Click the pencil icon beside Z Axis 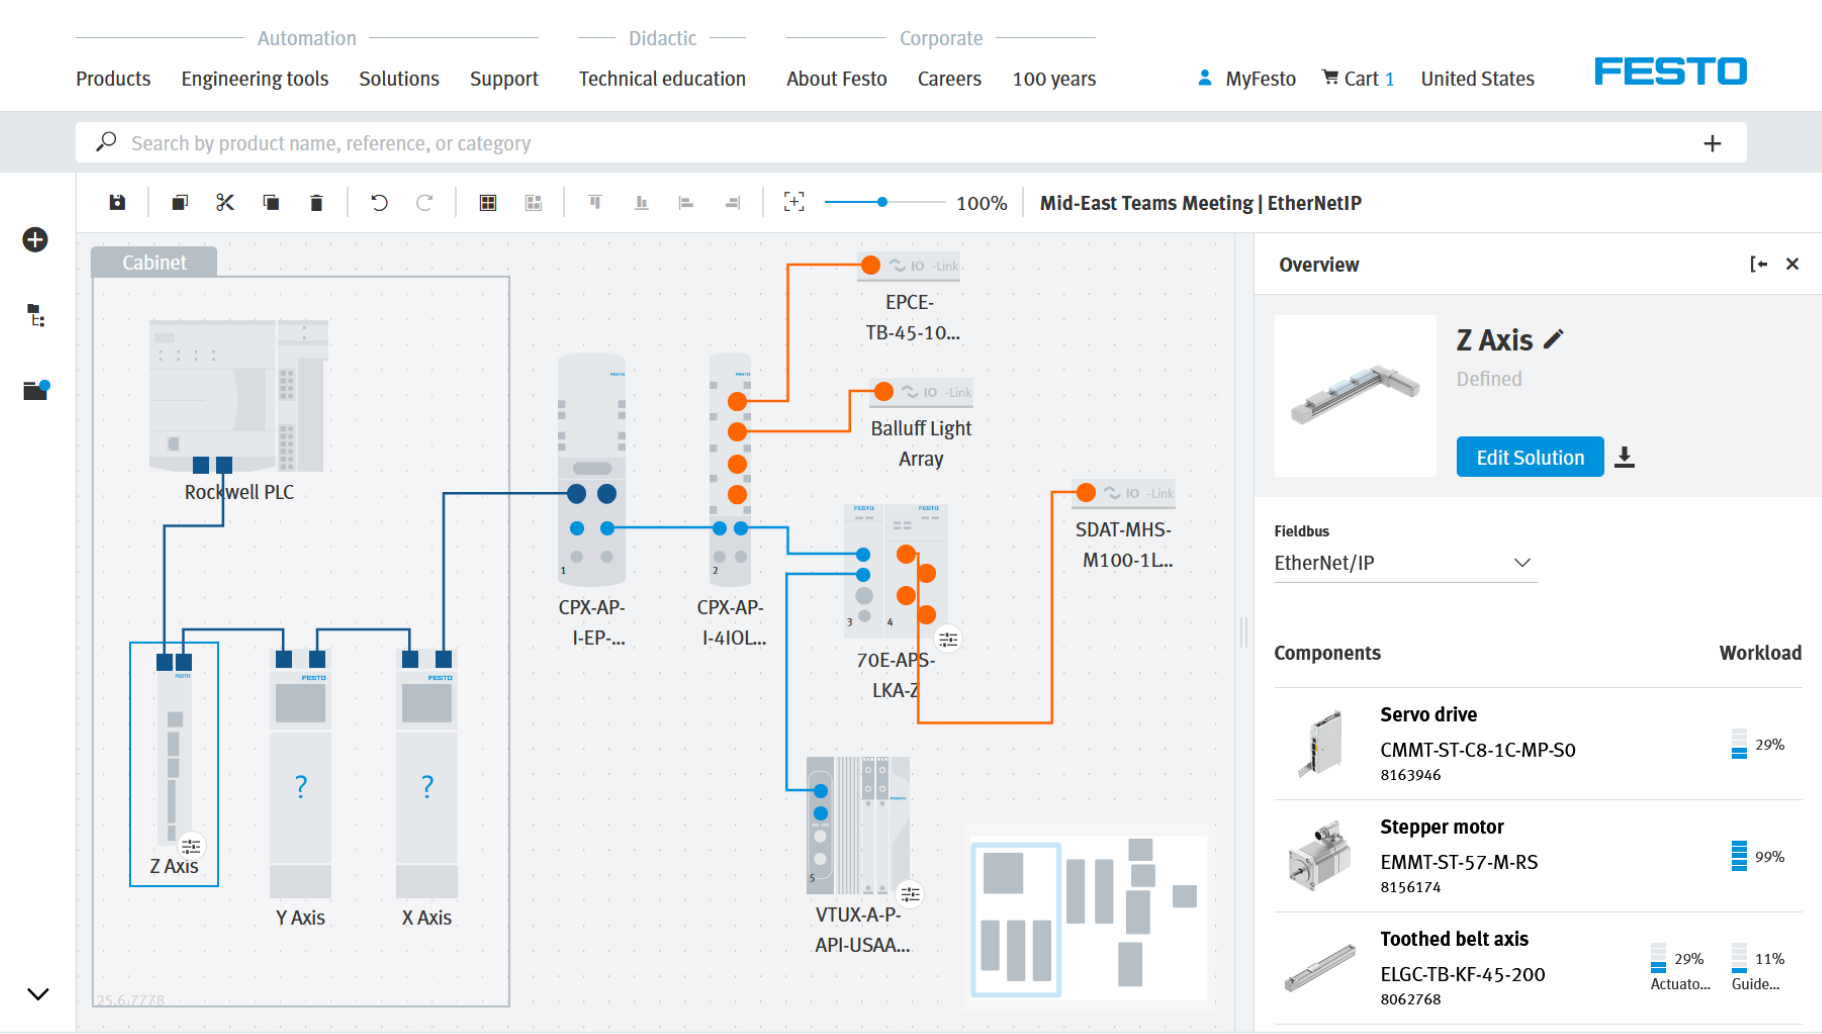(1554, 340)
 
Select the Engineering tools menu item (254, 79)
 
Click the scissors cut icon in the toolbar (225, 203)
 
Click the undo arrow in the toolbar (379, 203)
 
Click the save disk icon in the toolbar (117, 203)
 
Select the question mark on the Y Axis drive (300, 786)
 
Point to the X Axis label (426, 918)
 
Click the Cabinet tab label (154, 263)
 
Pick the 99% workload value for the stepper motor (1769, 857)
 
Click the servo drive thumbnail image (1320, 743)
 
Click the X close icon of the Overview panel (1792, 264)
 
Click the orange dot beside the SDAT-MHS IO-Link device (1085, 493)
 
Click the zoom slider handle (882, 202)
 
